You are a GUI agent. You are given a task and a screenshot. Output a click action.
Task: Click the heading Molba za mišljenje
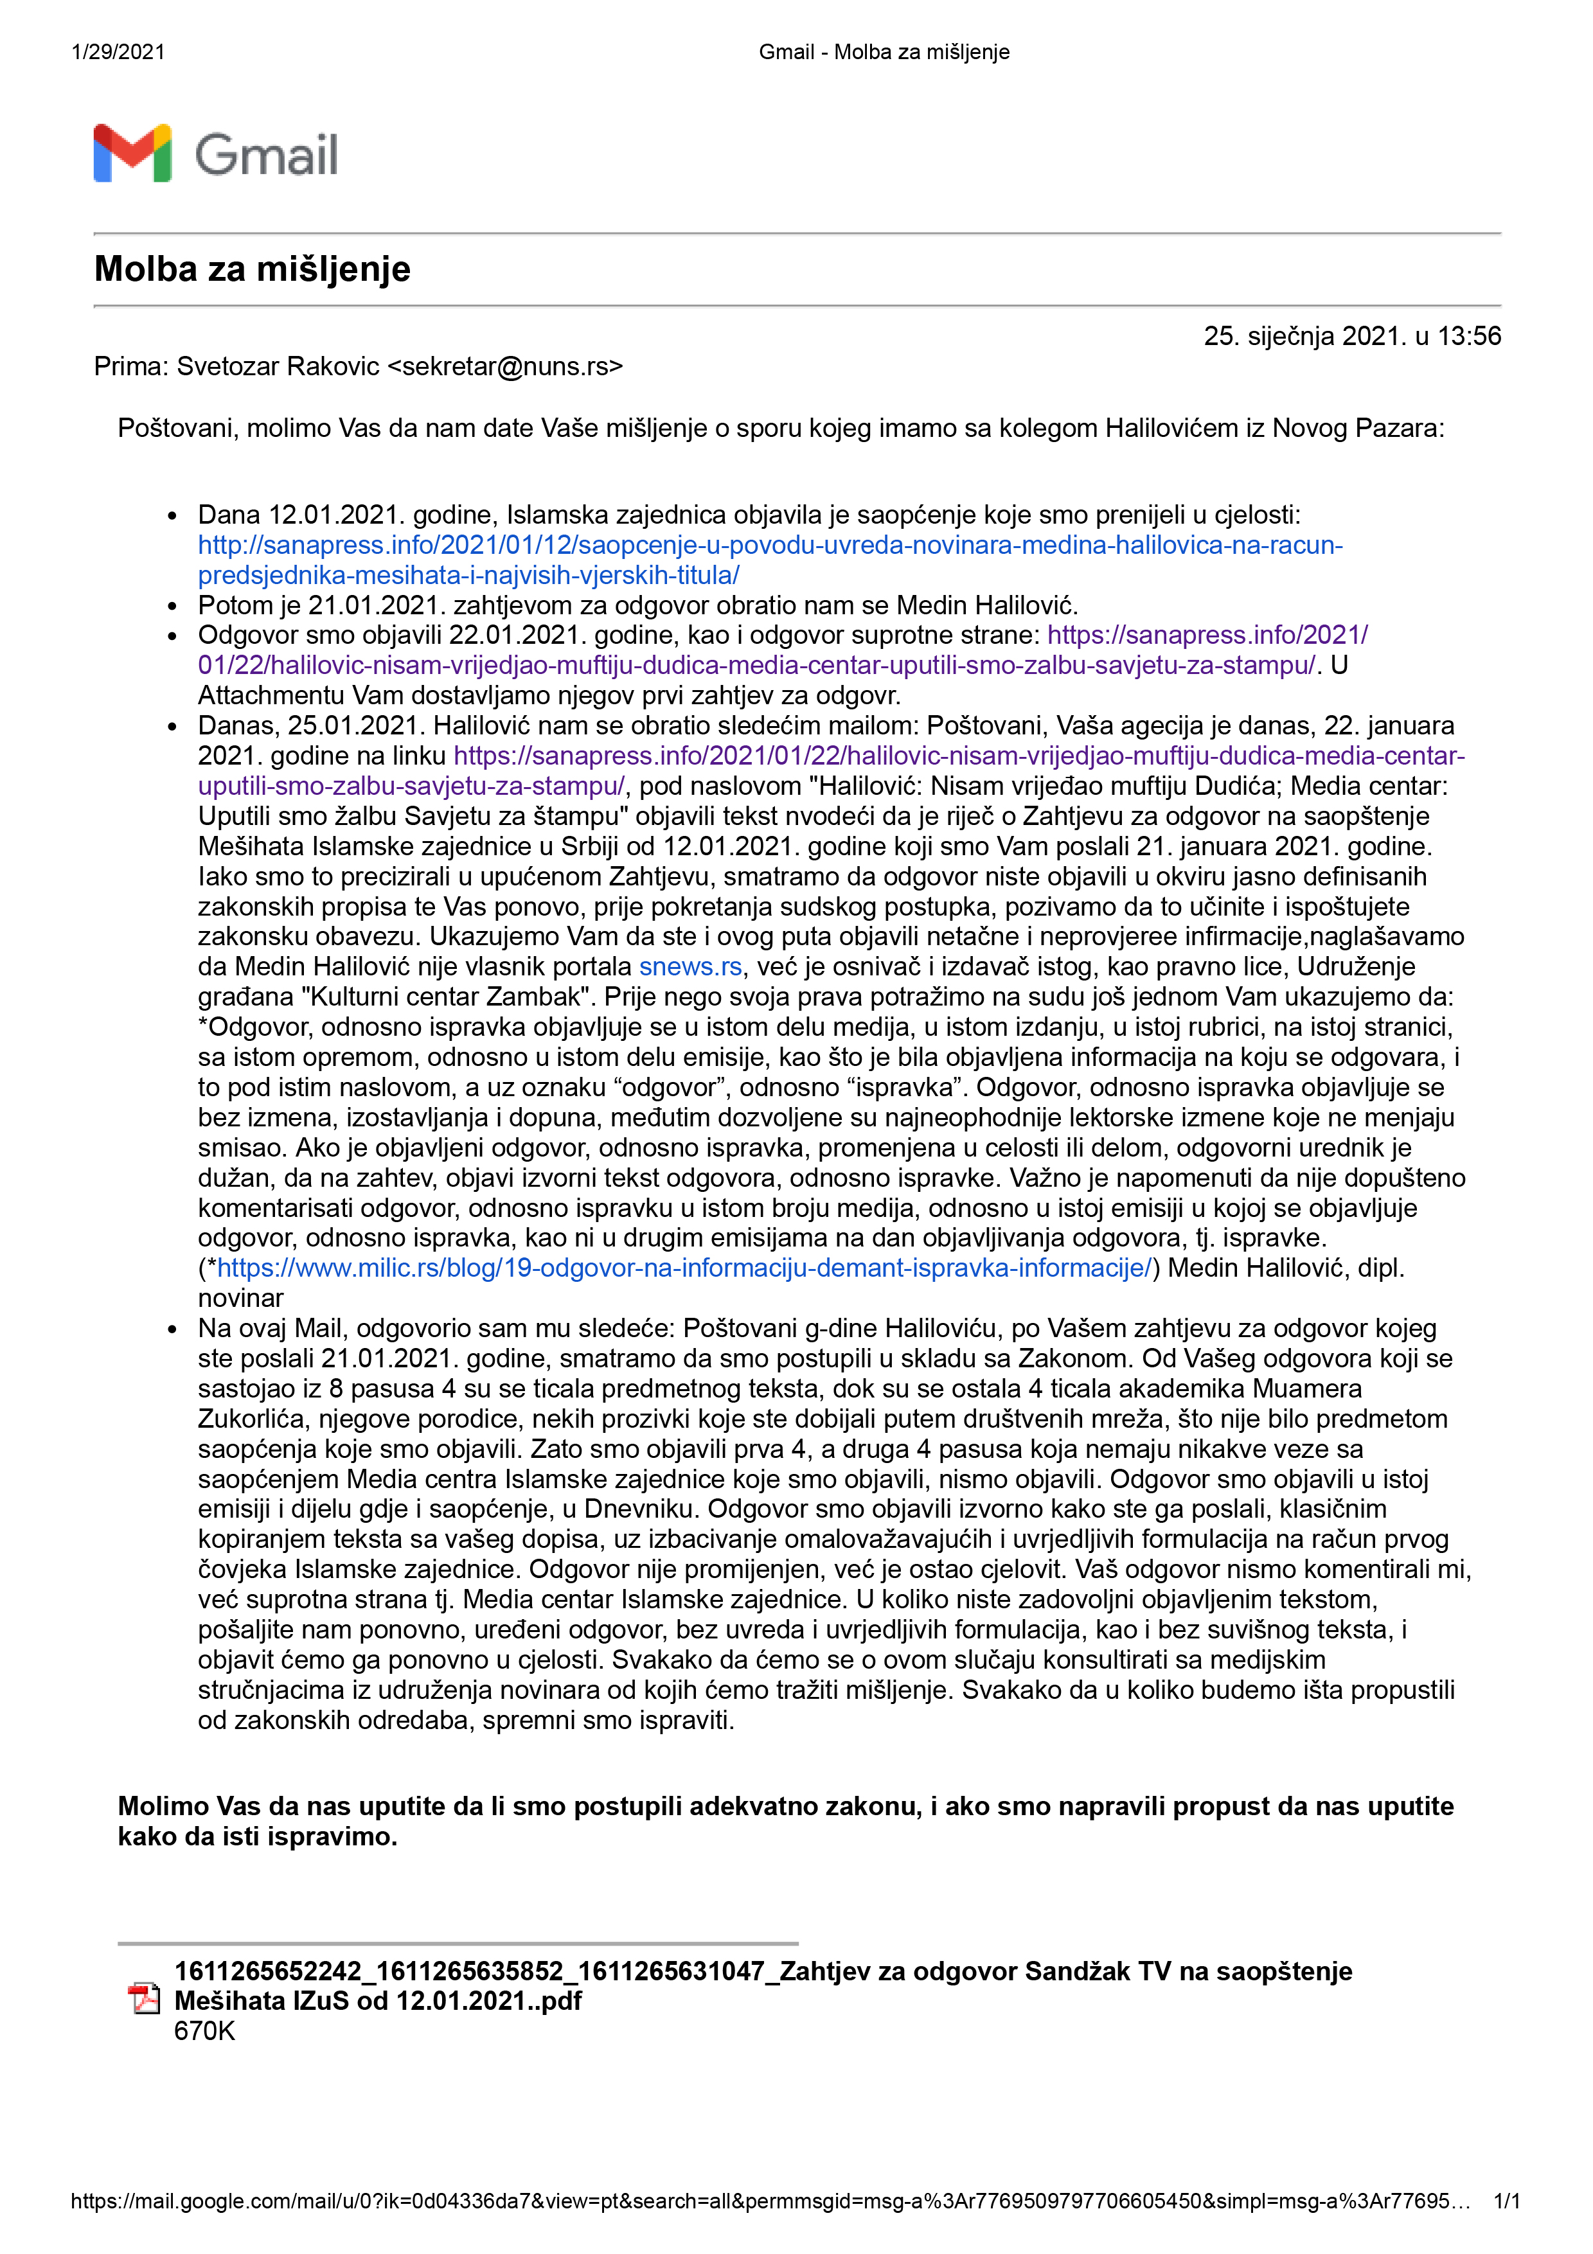[253, 269]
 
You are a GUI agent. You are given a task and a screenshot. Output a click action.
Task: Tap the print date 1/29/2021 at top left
[118, 52]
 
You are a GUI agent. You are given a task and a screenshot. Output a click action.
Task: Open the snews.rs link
[690, 967]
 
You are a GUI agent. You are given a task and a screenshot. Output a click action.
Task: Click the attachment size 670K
[204, 2031]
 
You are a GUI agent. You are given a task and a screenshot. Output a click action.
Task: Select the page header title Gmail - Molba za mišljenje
[884, 52]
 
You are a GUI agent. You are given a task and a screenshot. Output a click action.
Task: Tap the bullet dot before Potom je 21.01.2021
[173, 607]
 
